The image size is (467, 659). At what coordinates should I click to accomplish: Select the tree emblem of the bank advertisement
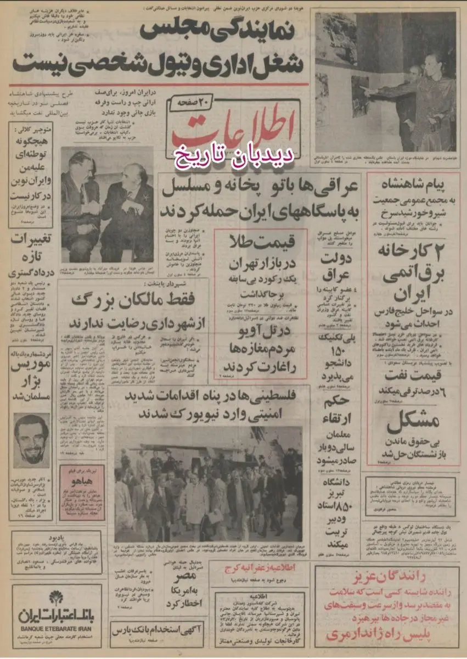click(x=57, y=597)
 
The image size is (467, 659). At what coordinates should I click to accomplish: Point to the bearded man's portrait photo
click(x=31, y=438)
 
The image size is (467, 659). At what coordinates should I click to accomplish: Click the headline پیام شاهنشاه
click(x=413, y=183)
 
